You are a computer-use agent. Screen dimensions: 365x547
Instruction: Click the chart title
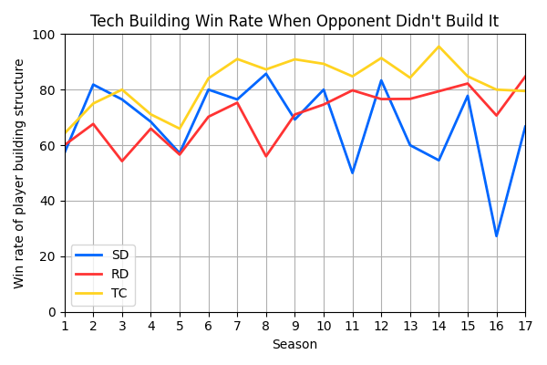tap(294, 21)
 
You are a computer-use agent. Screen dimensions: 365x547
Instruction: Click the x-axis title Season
tap(294, 345)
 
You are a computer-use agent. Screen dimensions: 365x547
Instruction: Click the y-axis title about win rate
tap(19, 173)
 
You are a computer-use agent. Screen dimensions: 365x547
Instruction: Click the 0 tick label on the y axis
tap(52, 312)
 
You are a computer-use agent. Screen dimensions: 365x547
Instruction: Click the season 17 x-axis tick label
tap(525, 326)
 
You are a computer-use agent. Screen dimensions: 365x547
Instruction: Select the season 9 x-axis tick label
tap(294, 326)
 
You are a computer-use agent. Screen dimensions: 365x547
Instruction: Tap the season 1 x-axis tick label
tap(65, 326)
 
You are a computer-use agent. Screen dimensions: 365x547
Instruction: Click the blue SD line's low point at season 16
tap(496, 235)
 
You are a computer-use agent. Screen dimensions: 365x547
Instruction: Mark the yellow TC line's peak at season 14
tap(439, 47)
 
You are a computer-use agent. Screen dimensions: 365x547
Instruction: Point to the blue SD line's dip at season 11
tap(353, 172)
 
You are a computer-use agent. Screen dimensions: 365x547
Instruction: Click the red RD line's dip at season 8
tap(266, 156)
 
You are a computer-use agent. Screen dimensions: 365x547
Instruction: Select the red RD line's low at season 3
tap(122, 162)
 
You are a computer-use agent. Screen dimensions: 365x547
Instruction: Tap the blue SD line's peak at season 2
tap(93, 85)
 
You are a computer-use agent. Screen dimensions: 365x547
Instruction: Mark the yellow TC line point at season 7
tap(237, 59)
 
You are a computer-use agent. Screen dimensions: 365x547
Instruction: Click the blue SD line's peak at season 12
tap(381, 80)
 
